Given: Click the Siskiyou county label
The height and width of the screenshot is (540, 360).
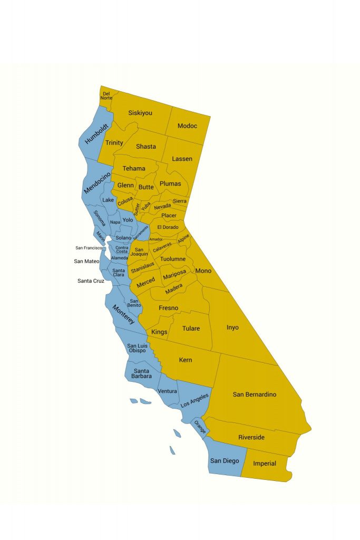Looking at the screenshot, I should (140, 113).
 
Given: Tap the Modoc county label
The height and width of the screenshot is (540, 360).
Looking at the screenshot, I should (187, 126).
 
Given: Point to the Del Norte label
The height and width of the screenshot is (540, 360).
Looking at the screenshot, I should (107, 96).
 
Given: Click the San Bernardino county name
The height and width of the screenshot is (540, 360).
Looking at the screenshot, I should (255, 394).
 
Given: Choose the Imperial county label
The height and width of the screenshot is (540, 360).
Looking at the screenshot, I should (264, 464).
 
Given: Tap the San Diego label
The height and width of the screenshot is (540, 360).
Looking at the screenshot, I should (225, 461).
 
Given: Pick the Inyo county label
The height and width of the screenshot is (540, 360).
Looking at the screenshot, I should (232, 327).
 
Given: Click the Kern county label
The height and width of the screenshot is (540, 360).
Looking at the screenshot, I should (185, 360).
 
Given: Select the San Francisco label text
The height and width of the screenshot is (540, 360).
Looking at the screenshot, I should (89, 248).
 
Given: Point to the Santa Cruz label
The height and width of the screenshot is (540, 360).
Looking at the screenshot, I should (91, 281).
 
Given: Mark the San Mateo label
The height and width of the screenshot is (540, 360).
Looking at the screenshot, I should (86, 261).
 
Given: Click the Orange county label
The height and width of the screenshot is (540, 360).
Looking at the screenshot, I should (200, 427).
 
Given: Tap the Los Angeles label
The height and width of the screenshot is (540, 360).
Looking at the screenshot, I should (194, 401).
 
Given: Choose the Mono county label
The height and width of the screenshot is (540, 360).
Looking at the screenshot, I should (203, 271).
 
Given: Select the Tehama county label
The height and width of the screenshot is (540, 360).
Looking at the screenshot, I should (134, 169).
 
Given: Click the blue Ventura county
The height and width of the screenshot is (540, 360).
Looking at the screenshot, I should (167, 391).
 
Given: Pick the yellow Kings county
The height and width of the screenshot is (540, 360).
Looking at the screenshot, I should (159, 332).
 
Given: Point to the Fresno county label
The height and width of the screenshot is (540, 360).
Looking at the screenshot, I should (168, 308).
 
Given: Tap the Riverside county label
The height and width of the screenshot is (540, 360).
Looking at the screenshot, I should (251, 438).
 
